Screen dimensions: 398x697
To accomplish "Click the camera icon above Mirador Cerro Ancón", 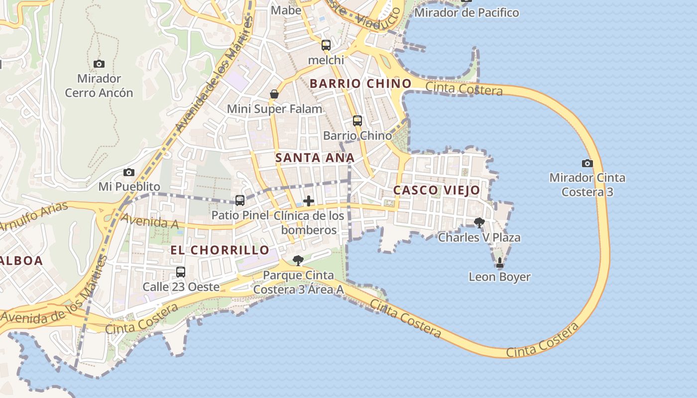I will coord(99,64).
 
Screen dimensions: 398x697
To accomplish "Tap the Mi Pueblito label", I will coord(129,187).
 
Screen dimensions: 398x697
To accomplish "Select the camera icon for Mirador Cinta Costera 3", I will coord(587,163).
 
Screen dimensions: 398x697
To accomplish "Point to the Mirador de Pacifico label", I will coord(466,12).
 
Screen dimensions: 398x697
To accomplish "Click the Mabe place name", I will coord(286,10).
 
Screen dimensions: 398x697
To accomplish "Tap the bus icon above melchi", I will coord(326,45).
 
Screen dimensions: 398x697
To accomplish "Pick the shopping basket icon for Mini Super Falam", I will coord(274,94).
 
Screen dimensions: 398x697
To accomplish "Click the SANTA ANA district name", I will coord(315,158).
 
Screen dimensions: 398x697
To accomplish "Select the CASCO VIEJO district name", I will coord(437,190).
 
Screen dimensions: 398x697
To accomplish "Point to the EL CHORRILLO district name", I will coord(220,250).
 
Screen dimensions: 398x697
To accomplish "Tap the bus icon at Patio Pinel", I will coord(240,200).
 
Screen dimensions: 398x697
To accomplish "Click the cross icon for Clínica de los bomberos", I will coord(309,201).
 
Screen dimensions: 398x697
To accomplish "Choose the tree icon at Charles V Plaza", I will coord(479,222).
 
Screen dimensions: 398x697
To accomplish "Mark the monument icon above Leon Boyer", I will coord(500,263).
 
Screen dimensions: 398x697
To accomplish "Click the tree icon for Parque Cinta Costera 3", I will coord(298,260).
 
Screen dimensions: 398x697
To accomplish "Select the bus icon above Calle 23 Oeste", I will coord(181,272).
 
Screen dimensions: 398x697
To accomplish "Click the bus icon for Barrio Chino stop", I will coord(357,121).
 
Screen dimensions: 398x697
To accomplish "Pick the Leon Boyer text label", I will coord(499,277).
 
